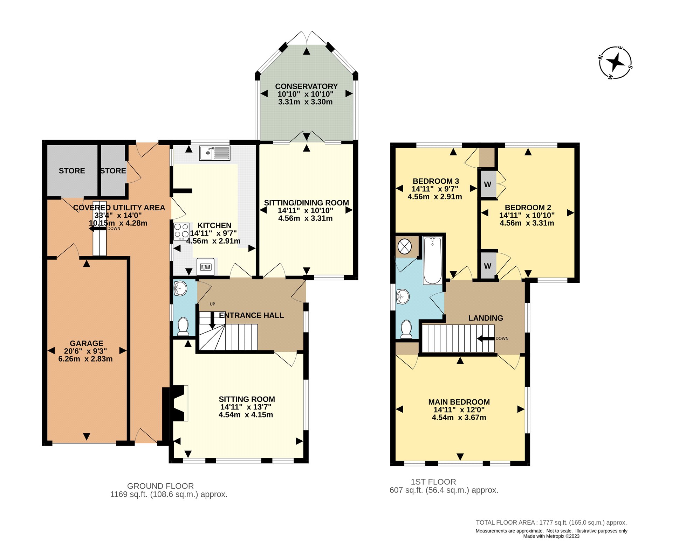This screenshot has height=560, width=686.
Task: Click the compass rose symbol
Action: click(616, 63)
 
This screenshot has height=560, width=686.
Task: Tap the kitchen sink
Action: click(215, 153)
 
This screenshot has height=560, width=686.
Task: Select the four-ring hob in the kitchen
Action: click(181, 231)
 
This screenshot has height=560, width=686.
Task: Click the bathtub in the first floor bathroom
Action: click(433, 260)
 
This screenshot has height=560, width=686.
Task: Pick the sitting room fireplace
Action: click(175, 403)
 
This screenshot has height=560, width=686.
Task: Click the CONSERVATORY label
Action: click(306, 86)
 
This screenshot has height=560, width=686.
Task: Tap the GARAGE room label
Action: click(87, 343)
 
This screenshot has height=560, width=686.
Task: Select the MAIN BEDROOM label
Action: click(459, 402)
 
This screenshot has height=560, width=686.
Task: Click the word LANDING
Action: click(486, 318)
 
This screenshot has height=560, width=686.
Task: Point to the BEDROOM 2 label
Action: click(528, 208)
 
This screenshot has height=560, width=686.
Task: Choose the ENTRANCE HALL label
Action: click(251, 315)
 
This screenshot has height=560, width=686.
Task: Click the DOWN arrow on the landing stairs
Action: click(486, 338)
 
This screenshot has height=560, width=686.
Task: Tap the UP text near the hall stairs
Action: click(212, 304)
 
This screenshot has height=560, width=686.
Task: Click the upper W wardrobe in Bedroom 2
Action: click(488, 184)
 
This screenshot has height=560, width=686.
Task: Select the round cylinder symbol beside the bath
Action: click(405, 247)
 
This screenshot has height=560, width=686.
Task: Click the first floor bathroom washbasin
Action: click(403, 297)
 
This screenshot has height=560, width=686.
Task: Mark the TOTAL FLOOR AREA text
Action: click(551, 523)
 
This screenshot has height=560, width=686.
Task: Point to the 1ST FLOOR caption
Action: click(433, 482)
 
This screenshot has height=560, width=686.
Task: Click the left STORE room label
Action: click(72, 171)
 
